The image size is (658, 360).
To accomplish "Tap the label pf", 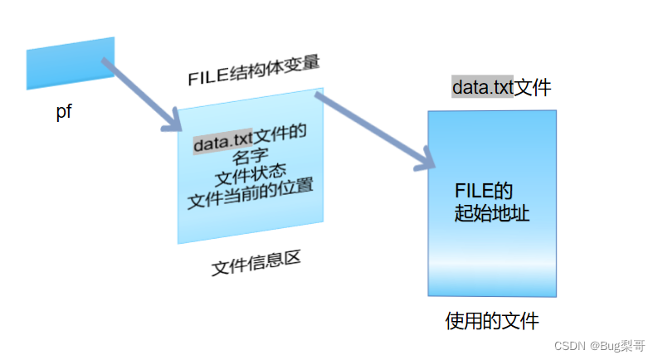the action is (65, 113).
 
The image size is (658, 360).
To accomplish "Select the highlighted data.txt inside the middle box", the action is (222, 144).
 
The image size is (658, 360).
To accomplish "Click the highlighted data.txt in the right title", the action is (482, 87).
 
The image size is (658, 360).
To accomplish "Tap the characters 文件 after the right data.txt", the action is (533, 87).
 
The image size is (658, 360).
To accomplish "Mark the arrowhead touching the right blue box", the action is (423, 161).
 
